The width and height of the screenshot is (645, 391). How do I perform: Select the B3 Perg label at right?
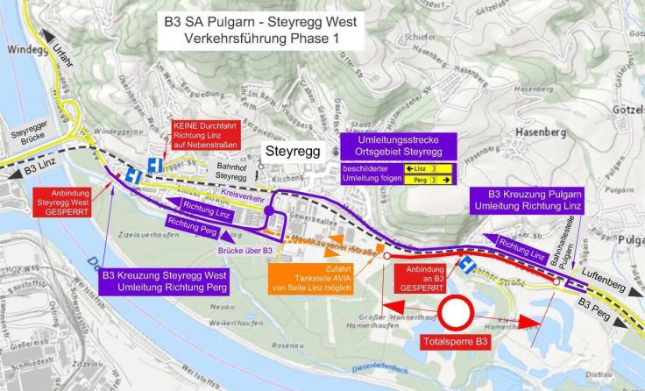(597, 306)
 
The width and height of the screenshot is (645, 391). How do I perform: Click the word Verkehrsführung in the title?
(230, 39)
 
